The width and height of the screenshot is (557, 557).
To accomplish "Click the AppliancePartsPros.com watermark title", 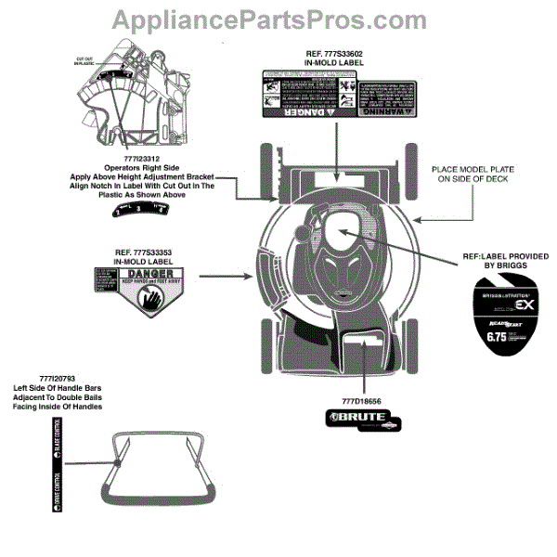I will pyautogui.click(x=278, y=19).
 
